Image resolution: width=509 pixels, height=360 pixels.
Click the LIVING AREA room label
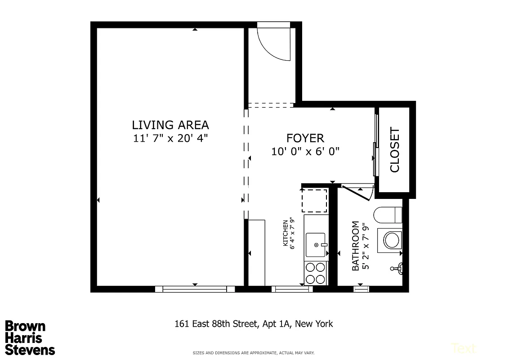[x=170, y=125]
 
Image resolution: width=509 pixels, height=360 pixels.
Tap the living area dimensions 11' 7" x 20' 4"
[x=170, y=138]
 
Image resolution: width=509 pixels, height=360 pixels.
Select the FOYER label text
[x=305, y=138]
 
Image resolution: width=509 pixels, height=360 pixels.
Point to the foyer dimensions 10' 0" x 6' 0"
[x=305, y=152]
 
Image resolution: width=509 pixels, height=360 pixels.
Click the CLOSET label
[x=395, y=150]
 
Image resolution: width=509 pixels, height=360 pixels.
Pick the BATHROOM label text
[x=356, y=246]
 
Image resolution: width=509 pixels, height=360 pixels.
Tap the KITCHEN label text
[x=285, y=233]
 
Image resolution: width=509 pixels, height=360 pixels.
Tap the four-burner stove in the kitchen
[x=316, y=273]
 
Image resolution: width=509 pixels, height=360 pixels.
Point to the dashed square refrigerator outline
[x=314, y=201]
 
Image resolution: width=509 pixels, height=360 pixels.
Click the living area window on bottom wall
[x=195, y=289]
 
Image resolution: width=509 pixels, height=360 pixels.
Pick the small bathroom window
[x=361, y=289]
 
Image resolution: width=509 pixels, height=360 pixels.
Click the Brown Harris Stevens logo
[x=30, y=337]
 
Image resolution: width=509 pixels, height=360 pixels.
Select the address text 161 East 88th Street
[x=254, y=324]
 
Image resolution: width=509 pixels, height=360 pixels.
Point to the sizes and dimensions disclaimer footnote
[x=254, y=352]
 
